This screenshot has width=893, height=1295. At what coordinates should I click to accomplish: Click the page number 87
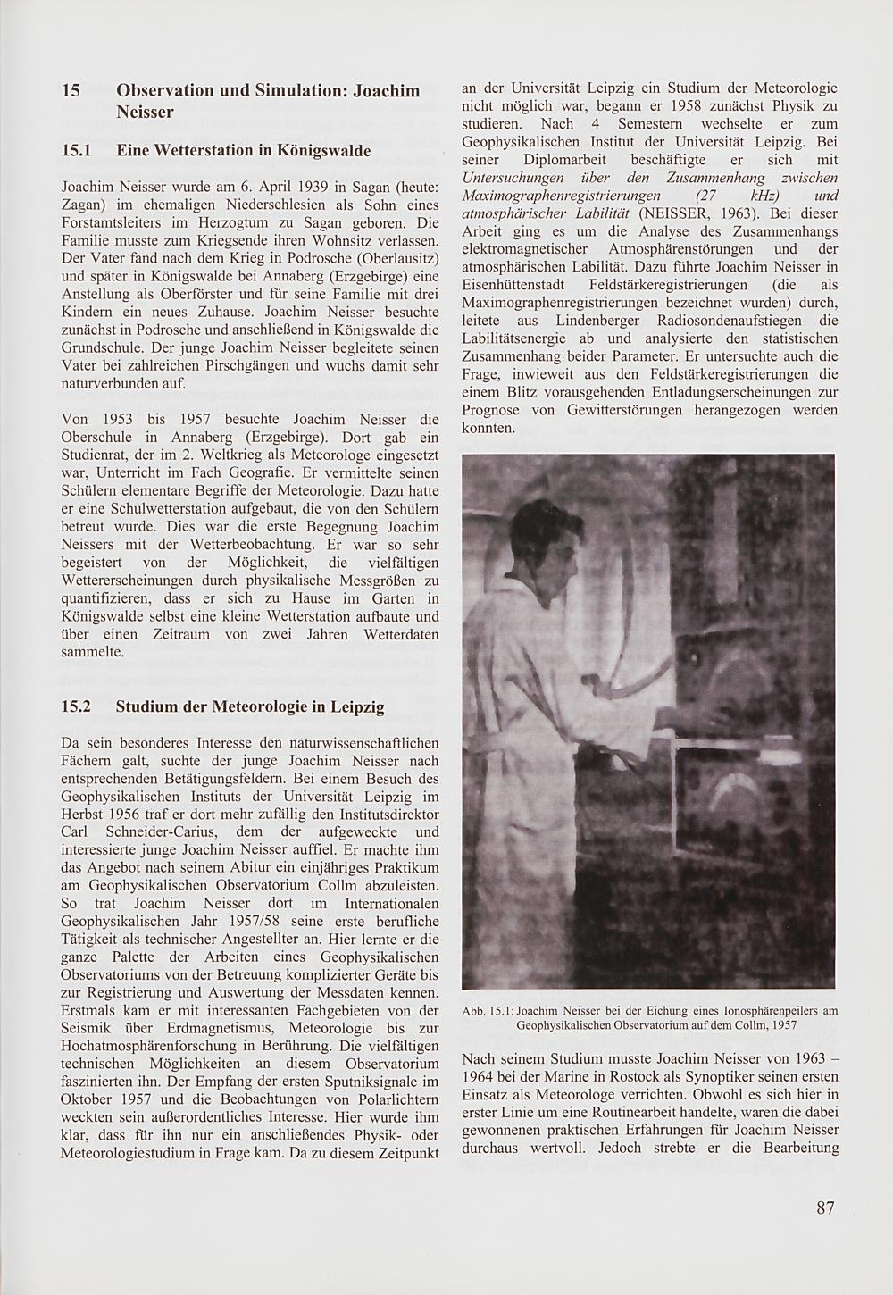pos(824,1207)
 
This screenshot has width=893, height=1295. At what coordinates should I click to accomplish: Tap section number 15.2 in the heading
pos(77,706)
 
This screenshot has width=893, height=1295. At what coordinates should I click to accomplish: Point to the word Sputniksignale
pos(356,1082)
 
